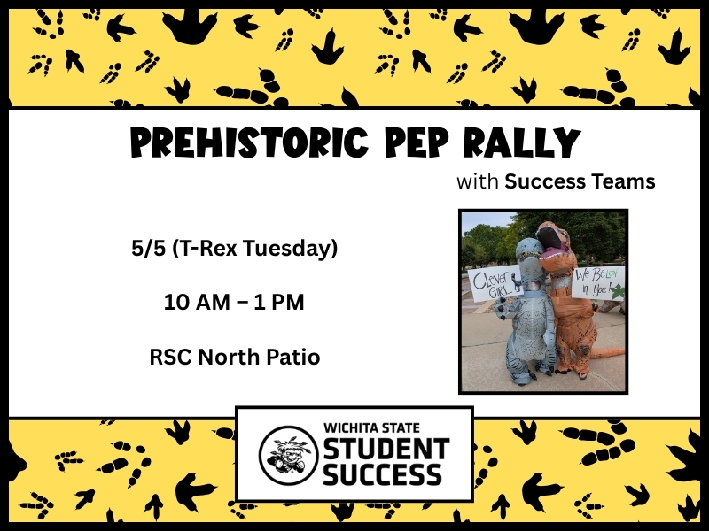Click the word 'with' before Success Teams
pyautogui.click(x=478, y=182)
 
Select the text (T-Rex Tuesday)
pyautogui.click(x=255, y=250)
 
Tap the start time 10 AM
pyautogui.click(x=191, y=303)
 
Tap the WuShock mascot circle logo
pyautogui.click(x=287, y=455)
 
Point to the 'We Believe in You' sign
pyautogui.click(x=597, y=281)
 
